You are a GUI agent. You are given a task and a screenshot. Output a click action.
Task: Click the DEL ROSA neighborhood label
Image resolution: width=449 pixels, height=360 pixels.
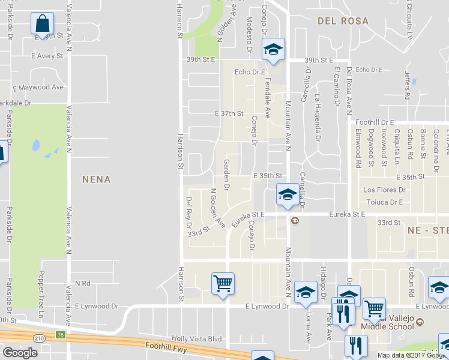[x=343, y=21]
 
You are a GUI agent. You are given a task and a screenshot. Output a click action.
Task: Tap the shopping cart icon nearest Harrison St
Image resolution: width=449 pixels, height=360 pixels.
[x=223, y=284]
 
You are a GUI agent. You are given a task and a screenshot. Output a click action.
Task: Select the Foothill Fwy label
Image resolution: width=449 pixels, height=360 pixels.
[x=170, y=346]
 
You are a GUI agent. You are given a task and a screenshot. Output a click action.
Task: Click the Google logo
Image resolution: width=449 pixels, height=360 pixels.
[x=20, y=353]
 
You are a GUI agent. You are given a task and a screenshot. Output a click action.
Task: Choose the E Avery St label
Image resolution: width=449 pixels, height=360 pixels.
[x=47, y=56]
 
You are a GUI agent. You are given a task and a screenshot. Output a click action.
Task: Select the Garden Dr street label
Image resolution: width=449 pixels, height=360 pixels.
[x=227, y=174]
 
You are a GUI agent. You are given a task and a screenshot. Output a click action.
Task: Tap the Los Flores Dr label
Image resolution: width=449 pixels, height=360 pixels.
[x=385, y=190]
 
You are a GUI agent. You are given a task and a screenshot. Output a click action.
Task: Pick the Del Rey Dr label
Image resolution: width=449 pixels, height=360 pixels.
[x=188, y=211]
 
